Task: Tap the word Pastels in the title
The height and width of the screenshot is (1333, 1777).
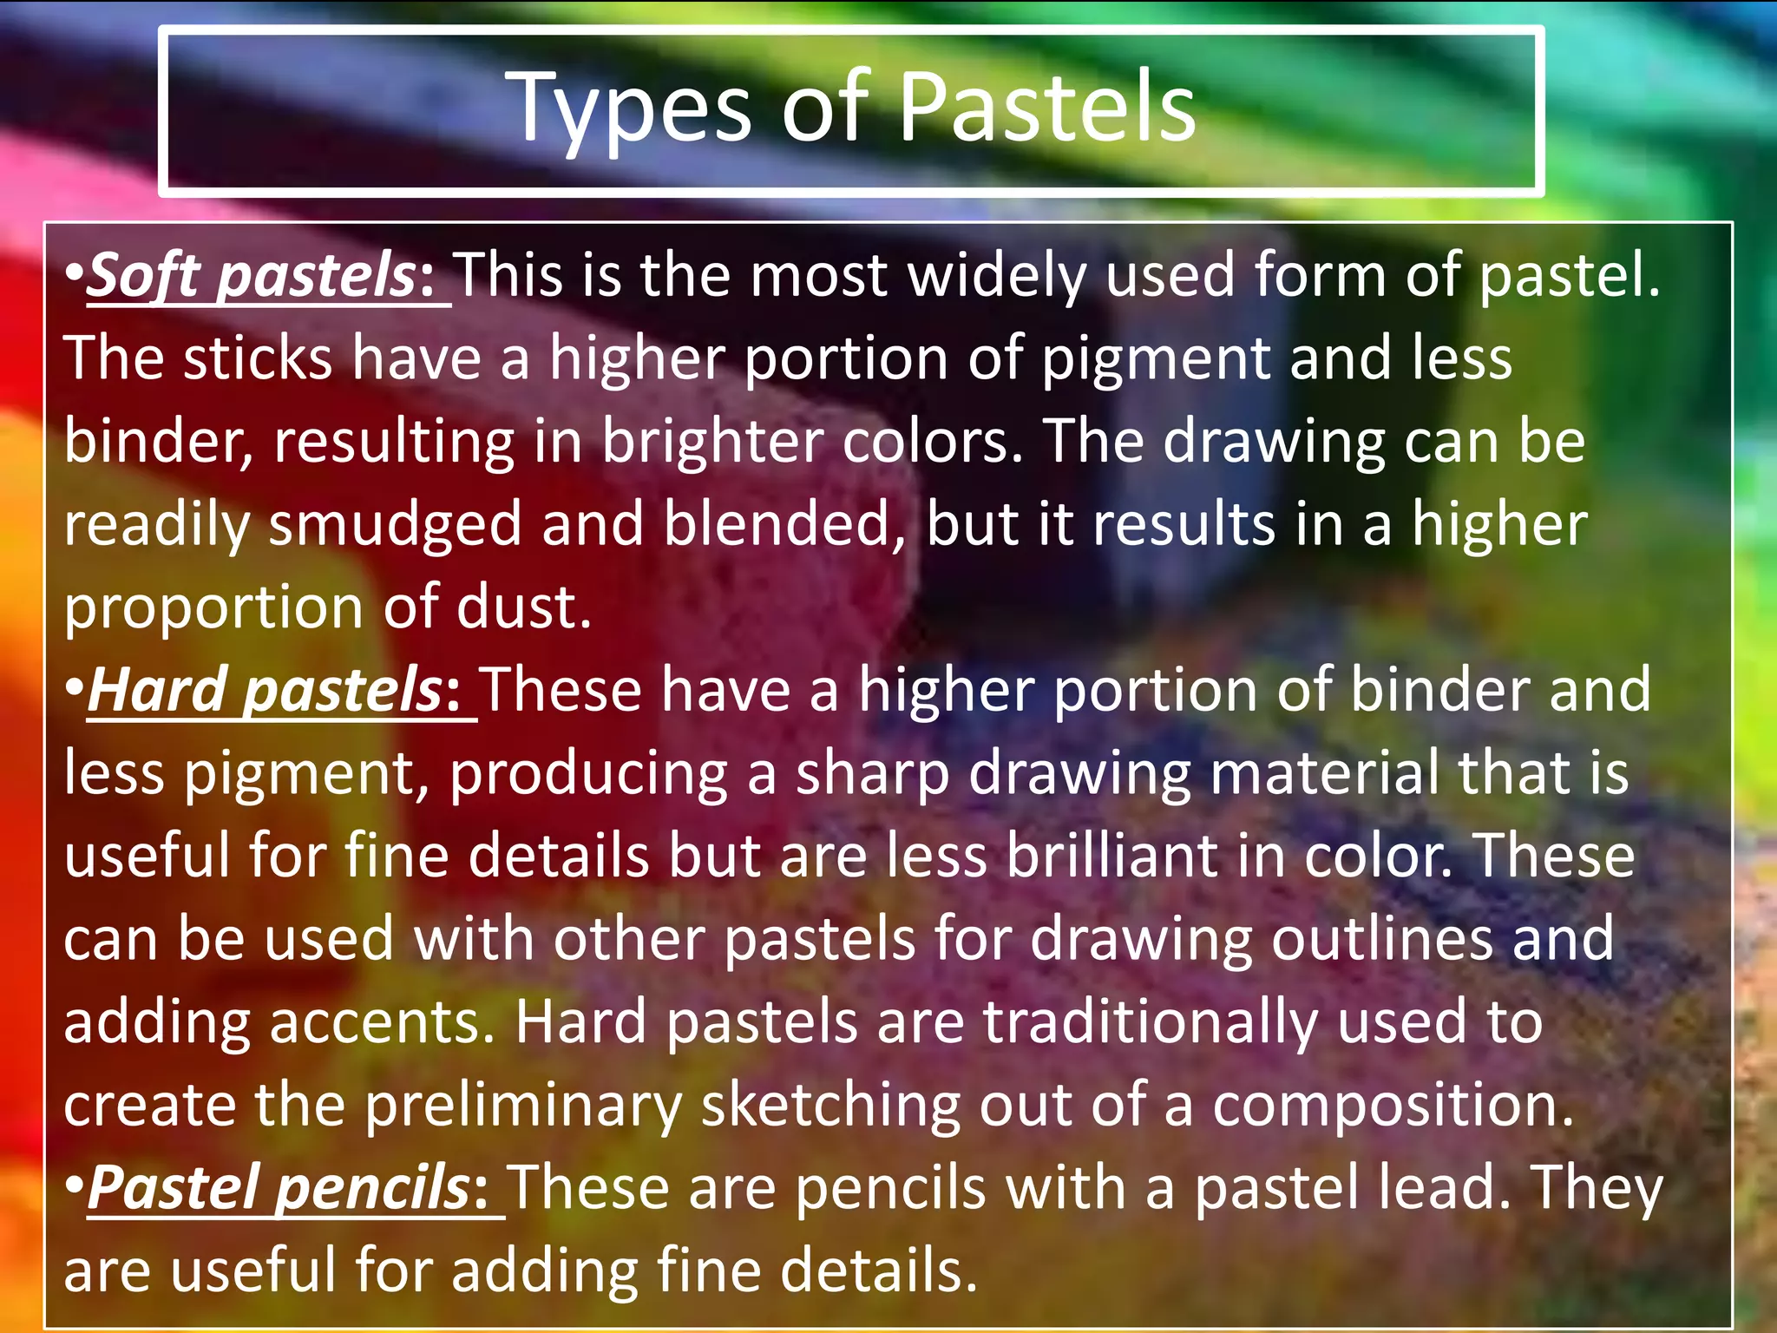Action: (1047, 108)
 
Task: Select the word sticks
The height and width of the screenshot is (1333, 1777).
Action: (258, 358)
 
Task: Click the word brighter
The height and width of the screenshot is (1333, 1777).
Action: (711, 442)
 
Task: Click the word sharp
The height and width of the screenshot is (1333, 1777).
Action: (872, 775)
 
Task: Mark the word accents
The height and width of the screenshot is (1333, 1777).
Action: (382, 1022)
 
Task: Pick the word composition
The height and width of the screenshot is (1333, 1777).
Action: (1392, 1106)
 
